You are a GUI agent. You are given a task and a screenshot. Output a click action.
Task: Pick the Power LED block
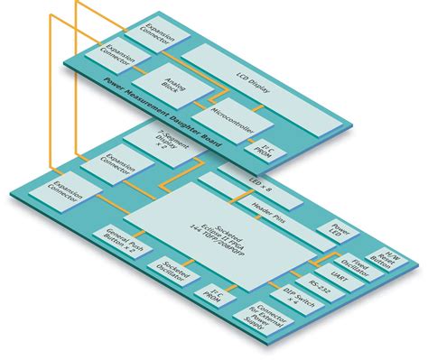[340, 234]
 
